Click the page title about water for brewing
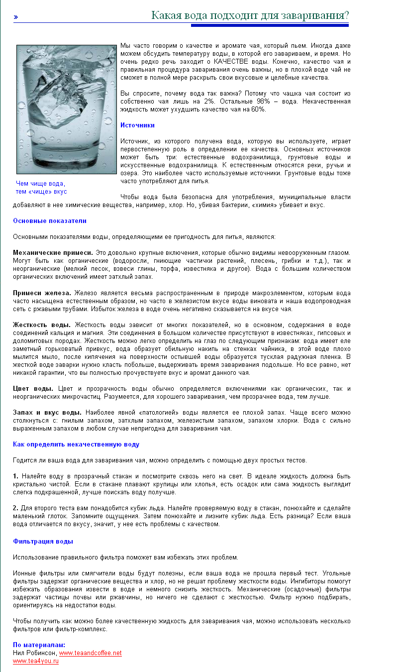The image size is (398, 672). [250, 15]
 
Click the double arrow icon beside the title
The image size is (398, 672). [16, 17]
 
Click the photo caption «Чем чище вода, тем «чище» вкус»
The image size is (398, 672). [41, 188]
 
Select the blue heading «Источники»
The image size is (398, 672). [137, 125]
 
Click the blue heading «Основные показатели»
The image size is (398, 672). [50, 221]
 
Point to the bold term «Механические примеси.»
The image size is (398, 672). [53, 253]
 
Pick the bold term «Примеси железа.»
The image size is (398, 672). [42, 293]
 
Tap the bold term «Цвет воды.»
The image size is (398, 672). [33, 389]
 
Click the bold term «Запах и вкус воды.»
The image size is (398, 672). [47, 413]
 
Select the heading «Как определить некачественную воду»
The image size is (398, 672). [76, 445]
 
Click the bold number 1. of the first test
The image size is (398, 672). [16, 476]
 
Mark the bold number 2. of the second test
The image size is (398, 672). [16, 508]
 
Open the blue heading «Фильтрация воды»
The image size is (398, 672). [43, 541]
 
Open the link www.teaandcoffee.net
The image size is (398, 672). [90, 653]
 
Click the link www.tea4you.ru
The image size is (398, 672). [36, 661]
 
